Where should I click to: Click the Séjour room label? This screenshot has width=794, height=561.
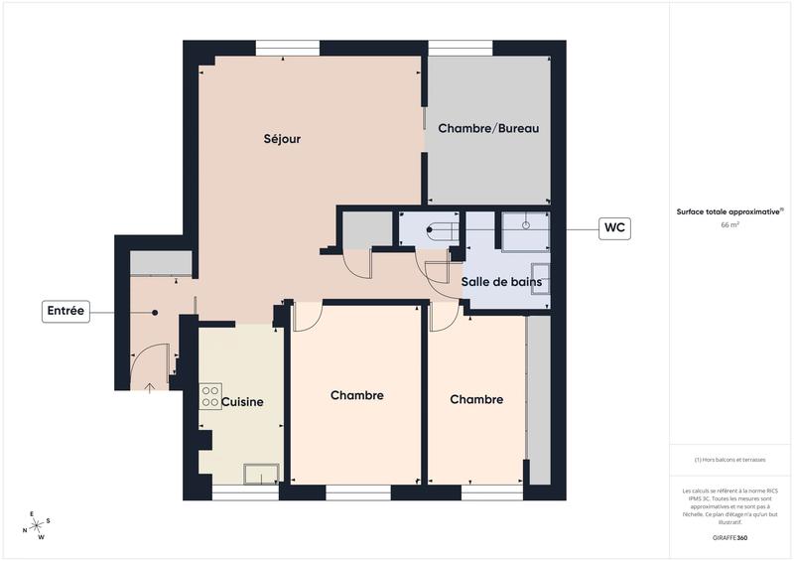(283, 139)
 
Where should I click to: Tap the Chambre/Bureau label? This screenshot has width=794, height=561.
(488, 129)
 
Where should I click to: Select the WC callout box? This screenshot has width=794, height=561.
(614, 228)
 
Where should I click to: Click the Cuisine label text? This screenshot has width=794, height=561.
(242, 402)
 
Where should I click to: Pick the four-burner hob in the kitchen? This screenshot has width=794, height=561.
(210, 397)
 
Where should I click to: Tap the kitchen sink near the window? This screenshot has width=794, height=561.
(262, 475)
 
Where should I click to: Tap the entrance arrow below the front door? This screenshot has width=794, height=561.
(149, 387)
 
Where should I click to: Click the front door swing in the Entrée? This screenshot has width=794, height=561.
(149, 362)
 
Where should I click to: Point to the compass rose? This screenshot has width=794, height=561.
(38, 526)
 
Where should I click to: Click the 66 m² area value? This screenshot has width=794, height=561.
(729, 225)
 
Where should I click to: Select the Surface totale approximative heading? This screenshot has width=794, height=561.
(729, 210)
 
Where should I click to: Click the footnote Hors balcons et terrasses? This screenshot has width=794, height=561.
(729, 460)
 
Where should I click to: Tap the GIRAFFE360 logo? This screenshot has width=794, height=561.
(729, 536)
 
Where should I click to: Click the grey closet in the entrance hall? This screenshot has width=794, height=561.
(161, 262)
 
